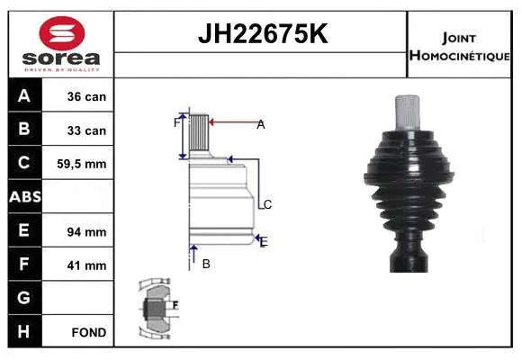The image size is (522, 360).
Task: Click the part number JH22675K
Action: tap(262, 33)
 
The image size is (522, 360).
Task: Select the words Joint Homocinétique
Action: tap(461, 45)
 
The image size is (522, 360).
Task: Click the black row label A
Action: tap(24, 96)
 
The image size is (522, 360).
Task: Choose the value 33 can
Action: tap(87, 130)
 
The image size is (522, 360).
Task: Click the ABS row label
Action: tap(24, 197)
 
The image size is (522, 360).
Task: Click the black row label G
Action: tap(24, 298)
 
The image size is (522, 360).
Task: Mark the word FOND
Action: tap(88, 332)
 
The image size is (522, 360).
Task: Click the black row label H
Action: tap(24, 331)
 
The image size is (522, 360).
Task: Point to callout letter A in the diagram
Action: tap(261, 125)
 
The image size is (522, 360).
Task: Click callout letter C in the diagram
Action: tap(267, 204)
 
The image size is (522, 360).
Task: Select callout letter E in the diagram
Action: tap(263, 241)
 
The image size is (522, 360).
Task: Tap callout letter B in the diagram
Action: tap(206, 264)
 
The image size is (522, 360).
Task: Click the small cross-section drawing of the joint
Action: tap(157, 309)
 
